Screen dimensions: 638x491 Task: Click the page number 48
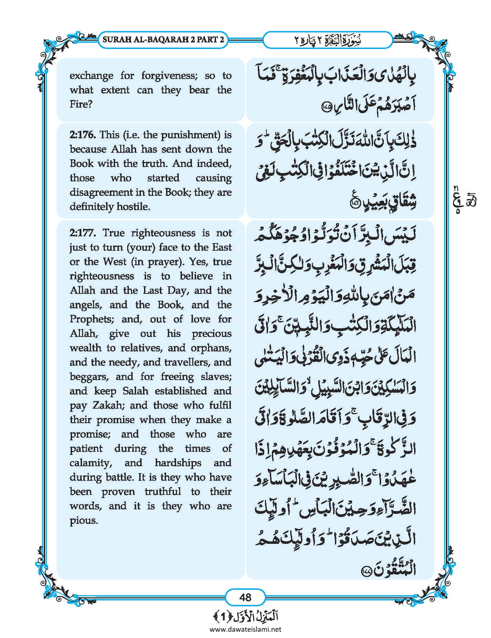pyautogui.click(x=245, y=597)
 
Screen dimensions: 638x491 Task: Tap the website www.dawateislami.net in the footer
pyautogui.click(x=245, y=629)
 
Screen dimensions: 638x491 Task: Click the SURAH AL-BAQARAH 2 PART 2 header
pyautogui.click(x=163, y=39)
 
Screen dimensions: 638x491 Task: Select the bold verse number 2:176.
pyautogui.click(x=83, y=135)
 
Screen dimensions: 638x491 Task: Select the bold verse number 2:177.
pyautogui.click(x=83, y=233)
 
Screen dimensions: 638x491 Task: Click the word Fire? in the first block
pyautogui.click(x=81, y=104)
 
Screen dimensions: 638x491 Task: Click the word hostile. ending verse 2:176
pyautogui.click(x=133, y=207)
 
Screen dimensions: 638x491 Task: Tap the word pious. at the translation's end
pyautogui.click(x=84, y=520)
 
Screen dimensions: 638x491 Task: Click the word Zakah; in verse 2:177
pyautogui.click(x=108, y=405)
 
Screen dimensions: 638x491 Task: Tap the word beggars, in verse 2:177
pyautogui.click(x=89, y=377)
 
